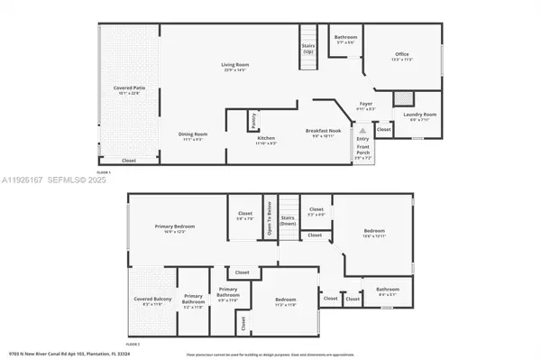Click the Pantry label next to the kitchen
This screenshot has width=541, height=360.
pos(254,116)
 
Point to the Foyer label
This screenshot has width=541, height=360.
pos(366,105)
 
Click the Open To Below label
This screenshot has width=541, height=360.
pos(268,224)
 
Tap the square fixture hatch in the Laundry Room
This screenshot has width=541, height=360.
pos(405,98)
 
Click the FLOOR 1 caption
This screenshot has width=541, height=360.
pos(103,171)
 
